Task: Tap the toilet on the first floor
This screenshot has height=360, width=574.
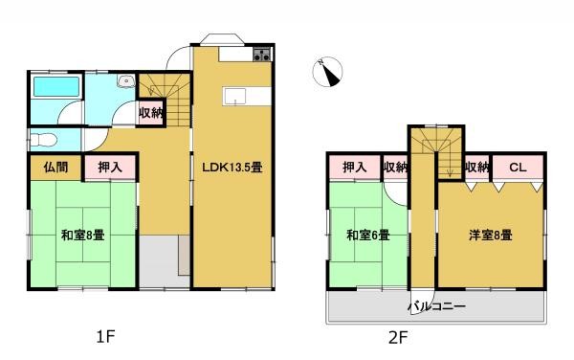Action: click(x=38, y=141)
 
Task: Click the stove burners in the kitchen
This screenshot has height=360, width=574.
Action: click(x=259, y=56)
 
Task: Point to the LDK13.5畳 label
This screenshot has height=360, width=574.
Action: click(x=232, y=167)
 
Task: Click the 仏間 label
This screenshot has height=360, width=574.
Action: click(x=55, y=167)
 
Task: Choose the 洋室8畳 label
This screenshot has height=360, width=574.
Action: click(x=490, y=234)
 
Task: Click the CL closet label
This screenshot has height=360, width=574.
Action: click(x=518, y=168)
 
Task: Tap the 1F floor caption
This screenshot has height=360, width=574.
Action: click(x=105, y=337)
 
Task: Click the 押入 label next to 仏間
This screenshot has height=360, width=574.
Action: click(x=109, y=167)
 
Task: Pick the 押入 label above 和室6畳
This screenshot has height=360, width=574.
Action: click(x=355, y=168)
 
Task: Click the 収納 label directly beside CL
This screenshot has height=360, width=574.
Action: click(x=476, y=168)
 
